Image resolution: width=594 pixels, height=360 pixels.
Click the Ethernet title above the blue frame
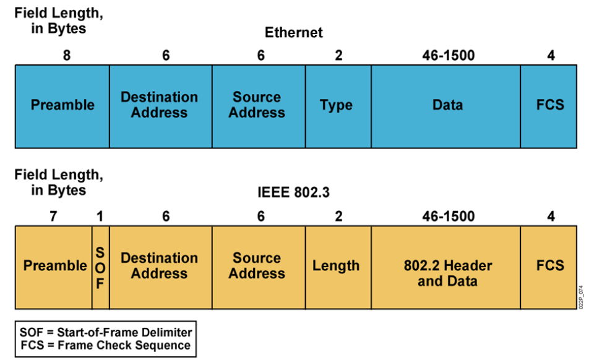click(294, 32)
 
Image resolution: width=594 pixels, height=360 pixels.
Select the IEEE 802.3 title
click(294, 193)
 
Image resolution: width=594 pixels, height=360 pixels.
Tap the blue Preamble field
click(62, 105)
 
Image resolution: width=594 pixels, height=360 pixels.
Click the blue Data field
click(447, 105)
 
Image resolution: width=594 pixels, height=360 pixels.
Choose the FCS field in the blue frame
click(550, 105)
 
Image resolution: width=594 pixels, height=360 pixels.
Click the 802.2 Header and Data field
click(447, 273)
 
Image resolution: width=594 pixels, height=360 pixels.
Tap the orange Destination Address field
click(160, 266)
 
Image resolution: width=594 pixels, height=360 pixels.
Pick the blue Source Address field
click(257, 105)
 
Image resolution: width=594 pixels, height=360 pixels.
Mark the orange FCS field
click(550, 266)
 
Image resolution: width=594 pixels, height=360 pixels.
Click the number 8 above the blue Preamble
click(67, 56)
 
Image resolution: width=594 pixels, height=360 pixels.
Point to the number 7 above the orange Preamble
click(53, 216)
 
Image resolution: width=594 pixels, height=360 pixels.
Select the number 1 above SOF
click(100, 216)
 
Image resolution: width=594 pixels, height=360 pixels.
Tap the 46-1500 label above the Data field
click(448, 56)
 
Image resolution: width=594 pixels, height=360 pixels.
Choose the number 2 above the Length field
click(338, 216)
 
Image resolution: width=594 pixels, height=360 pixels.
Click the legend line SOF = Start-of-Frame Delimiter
click(106, 331)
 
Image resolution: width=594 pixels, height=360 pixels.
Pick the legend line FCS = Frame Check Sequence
click(106, 345)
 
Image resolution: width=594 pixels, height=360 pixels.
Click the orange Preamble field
click(55, 266)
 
